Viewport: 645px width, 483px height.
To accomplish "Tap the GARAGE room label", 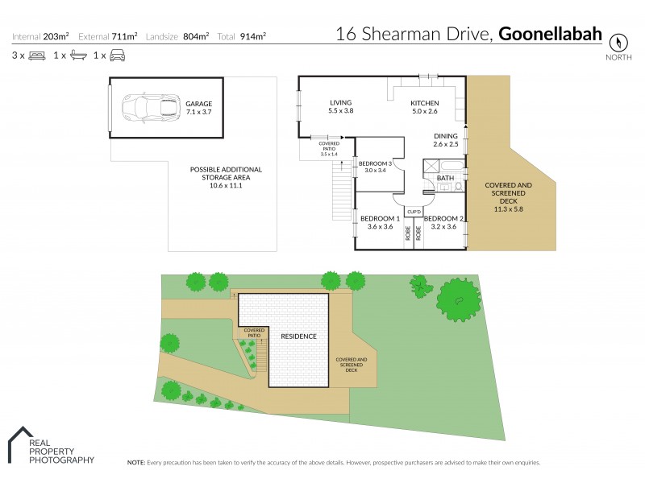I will [x=199, y=108].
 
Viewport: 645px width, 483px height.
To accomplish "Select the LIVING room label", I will [x=342, y=106].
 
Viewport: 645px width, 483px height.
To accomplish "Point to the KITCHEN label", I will [x=424, y=106].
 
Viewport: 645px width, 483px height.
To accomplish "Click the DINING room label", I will [x=445, y=139].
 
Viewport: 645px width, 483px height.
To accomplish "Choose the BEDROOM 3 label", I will [x=375, y=167].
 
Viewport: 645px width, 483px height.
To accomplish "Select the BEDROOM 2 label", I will [x=444, y=222].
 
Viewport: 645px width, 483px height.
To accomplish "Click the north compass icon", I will [x=618, y=43].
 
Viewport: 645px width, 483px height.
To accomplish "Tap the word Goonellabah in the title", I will [x=551, y=34].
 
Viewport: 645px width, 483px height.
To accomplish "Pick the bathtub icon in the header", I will [x=78, y=56].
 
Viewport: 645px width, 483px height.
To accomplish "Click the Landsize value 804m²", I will [x=196, y=36].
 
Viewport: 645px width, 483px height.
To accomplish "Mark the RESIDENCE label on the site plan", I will [x=298, y=336].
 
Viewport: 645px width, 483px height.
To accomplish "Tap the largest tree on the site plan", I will [x=460, y=300].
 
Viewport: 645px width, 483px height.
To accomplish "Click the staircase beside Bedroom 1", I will [x=342, y=197].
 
